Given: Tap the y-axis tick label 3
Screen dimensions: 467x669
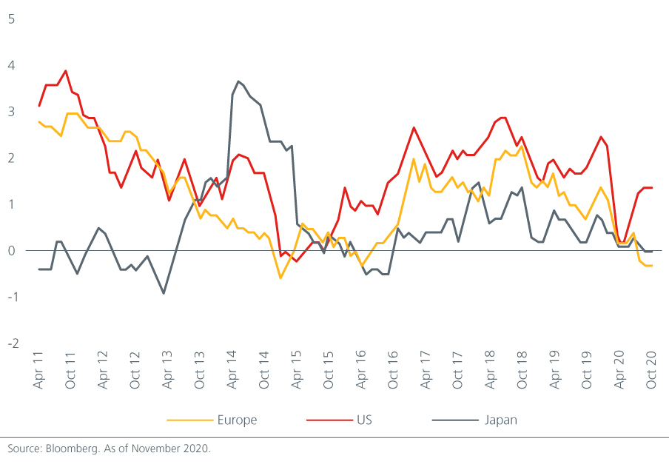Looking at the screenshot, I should point(11,111).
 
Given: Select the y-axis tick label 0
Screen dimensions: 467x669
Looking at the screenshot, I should point(11,251).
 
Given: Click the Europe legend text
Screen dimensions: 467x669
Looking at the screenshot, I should point(237,420).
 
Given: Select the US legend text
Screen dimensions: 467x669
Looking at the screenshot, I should point(363,420).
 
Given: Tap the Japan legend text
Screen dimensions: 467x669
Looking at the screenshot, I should point(500,420).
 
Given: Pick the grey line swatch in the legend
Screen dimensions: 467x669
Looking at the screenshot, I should point(452,420).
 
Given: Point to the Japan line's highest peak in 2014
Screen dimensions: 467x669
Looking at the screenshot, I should point(238,81).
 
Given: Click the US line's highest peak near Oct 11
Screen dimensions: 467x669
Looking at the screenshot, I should point(66,71).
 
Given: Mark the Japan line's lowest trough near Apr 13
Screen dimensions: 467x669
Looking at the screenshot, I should point(164,293).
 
